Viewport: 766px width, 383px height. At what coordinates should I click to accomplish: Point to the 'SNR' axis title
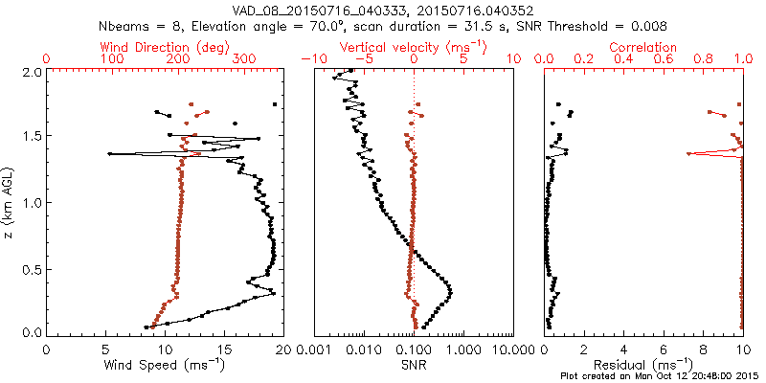click(412, 365)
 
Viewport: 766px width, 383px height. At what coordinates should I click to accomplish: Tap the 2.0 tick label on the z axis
click(31, 72)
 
